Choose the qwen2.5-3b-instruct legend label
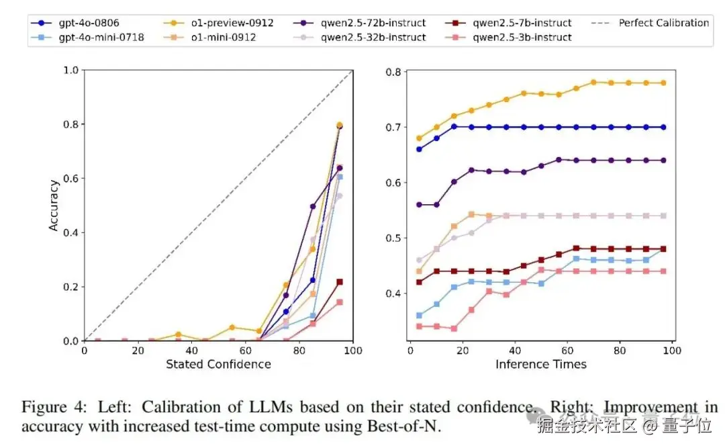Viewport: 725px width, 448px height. point(522,37)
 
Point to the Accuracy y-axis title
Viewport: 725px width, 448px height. point(54,206)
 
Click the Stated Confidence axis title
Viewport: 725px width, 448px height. point(218,364)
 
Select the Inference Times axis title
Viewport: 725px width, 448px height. point(541,364)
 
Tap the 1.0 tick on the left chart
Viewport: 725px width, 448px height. point(70,70)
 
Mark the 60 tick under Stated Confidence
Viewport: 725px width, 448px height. point(246,350)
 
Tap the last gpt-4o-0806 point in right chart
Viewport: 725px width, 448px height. point(663,127)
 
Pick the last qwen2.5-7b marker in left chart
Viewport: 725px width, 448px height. point(339,282)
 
